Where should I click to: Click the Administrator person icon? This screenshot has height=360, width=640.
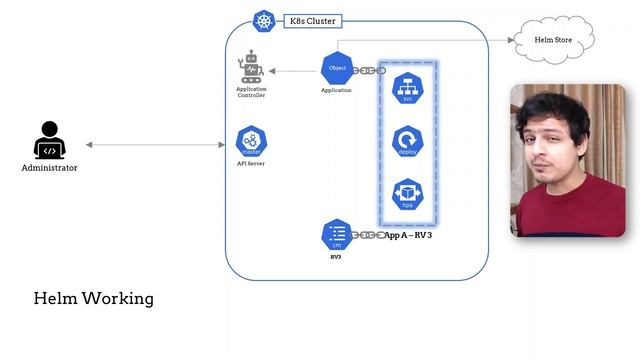pyautogui.click(x=49, y=141)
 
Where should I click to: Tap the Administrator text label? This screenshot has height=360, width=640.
pyautogui.click(x=49, y=168)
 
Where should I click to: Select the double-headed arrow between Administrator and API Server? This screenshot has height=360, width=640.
pyautogui.click(x=155, y=145)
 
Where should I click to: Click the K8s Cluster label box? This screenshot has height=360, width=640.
pyautogui.click(x=309, y=20)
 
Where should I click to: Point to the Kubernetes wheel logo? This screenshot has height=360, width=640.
pyautogui.click(x=264, y=20)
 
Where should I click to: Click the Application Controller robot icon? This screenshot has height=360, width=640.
pyautogui.click(x=250, y=68)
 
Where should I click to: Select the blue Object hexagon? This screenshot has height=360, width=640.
pyautogui.click(x=336, y=68)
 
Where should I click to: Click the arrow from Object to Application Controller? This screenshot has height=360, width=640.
pyautogui.click(x=294, y=70)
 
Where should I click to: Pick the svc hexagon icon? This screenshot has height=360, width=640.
pyautogui.click(x=407, y=87)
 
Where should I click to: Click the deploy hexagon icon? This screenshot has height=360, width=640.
pyautogui.click(x=407, y=141)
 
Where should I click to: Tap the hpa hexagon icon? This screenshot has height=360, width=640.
pyautogui.click(x=407, y=193)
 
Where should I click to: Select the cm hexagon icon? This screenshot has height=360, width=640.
pyautogui.click(x=336, y=235)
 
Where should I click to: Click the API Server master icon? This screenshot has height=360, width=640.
pyautogui.click(x=250, y=140)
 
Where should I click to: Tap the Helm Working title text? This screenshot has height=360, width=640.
pyautogui.click(x=93, y=298)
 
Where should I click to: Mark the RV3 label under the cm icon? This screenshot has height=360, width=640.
pyautogui.click(x=336, y=257)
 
